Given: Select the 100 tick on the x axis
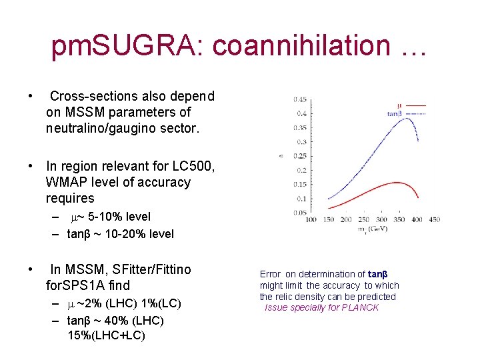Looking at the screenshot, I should [311, 219].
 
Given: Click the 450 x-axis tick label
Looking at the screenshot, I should [434, 219].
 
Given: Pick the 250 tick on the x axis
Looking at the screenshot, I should [363, 219].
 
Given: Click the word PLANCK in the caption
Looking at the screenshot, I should [361, 307].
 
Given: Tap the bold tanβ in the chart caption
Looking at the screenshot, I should [378, 274].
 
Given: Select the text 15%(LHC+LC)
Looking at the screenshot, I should [106, 335].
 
